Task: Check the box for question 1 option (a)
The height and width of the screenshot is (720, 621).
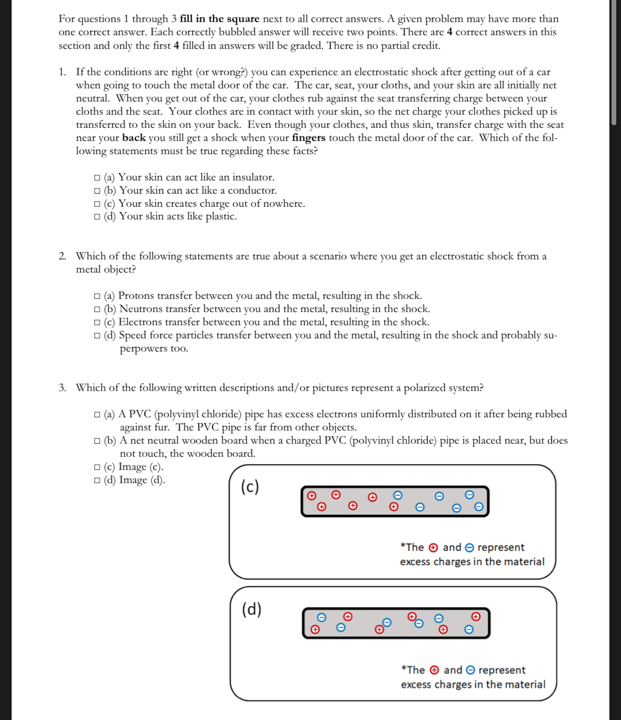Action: pyautogui.click(x=97, y=178)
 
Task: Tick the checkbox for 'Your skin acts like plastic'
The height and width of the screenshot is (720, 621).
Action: pyautogui.click(x=97, y=217)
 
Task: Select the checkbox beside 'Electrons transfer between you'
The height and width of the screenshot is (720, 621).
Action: pyautogui.click(x=97, y=323)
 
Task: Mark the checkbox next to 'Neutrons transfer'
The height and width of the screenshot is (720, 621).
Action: pyautogui.click(x=97, y=309)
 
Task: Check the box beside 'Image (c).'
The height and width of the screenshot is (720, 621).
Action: pyautogui.click(x=97, y=467)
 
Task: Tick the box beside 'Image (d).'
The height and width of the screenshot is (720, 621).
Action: pyautogui.click(x=97, y=481)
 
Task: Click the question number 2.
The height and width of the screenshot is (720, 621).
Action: pyautogui.click(x=62, y=256)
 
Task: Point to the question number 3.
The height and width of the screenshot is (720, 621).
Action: pyautogui.click(x=62, y=388)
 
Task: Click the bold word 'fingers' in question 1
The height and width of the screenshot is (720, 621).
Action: pyautogui.click(x=309, y=138)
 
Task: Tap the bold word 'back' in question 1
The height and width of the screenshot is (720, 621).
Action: pyautogui.click(x=134, y=138)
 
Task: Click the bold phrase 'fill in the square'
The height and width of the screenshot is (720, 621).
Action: pyautogui.click(x=220, y=19)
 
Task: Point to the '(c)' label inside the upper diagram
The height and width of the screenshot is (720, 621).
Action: pyautogui.click(x=250, y=487)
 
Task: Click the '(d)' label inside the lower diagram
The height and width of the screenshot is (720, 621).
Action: pyautogui.click(x=252, y=609)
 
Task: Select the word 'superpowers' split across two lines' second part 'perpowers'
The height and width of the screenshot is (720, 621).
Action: pyautogui.click(x=153, y=349)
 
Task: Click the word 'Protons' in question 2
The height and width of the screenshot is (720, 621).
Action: pyautogui.click(x=136, y=296)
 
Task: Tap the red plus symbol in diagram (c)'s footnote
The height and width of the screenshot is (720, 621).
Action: pyautogui.click(x=433, y=548)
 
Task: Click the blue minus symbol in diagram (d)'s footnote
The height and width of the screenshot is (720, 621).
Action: pyautogui.click(x=471, y=670)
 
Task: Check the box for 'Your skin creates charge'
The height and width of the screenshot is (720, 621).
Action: pyautogui.click(x=97, y=204)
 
